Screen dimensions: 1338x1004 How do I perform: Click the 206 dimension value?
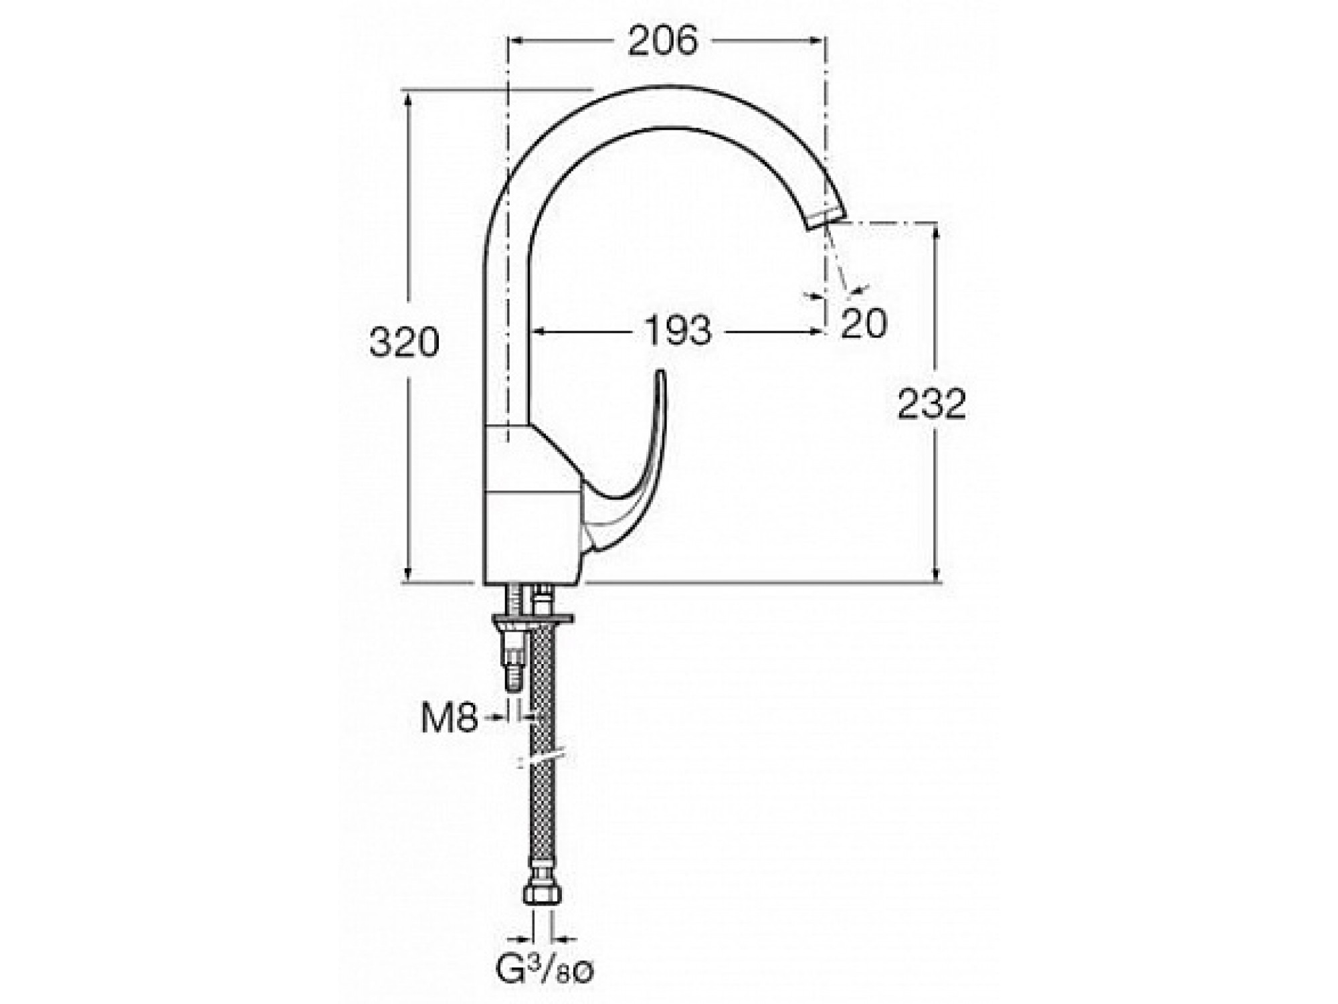click(x=663, y=41)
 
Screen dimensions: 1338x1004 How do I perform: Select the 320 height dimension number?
click(x=404, y=343)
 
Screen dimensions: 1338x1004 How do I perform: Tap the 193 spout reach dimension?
click(x=678, y=331)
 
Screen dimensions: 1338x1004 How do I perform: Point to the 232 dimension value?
click(x=932, y=404)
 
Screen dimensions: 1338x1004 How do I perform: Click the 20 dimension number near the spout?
click(x=864, y=323)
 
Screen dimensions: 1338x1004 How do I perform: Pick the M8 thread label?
click(x=450, y=718)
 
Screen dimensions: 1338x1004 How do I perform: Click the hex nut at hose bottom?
click(x=542, y=894)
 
